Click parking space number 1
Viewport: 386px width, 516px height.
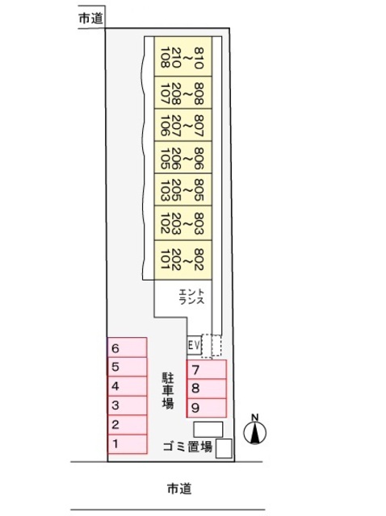[x=128, y=444]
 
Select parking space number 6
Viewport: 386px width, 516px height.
[x=128, y=347]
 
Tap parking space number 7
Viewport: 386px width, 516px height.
[x=207, y=369]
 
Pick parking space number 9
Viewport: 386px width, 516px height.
[x=207, y=408]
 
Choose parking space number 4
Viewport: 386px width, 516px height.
[x=128, y=386]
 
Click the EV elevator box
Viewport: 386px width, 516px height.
[x=194, y=345]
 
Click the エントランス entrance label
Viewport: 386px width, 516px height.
[x=191, y=297]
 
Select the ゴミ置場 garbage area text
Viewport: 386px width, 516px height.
[x=187, y=447]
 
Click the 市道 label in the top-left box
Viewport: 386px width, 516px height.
[x=91, y=19]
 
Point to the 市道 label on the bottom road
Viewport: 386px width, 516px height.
[x=179, y=489]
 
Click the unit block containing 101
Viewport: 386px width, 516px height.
[x=183, y=260]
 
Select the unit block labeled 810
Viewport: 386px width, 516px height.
[x=183, y=56]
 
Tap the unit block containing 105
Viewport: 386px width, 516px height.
[x=183, y=157]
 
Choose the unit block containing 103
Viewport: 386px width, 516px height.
[x=183, y=189]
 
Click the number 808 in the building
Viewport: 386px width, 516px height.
[x=199, y=94]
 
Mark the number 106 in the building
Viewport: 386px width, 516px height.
[x=166, y=126]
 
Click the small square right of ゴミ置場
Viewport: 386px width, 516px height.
[x=224, y=448]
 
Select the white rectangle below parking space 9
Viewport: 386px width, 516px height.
[x=208, y=430]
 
